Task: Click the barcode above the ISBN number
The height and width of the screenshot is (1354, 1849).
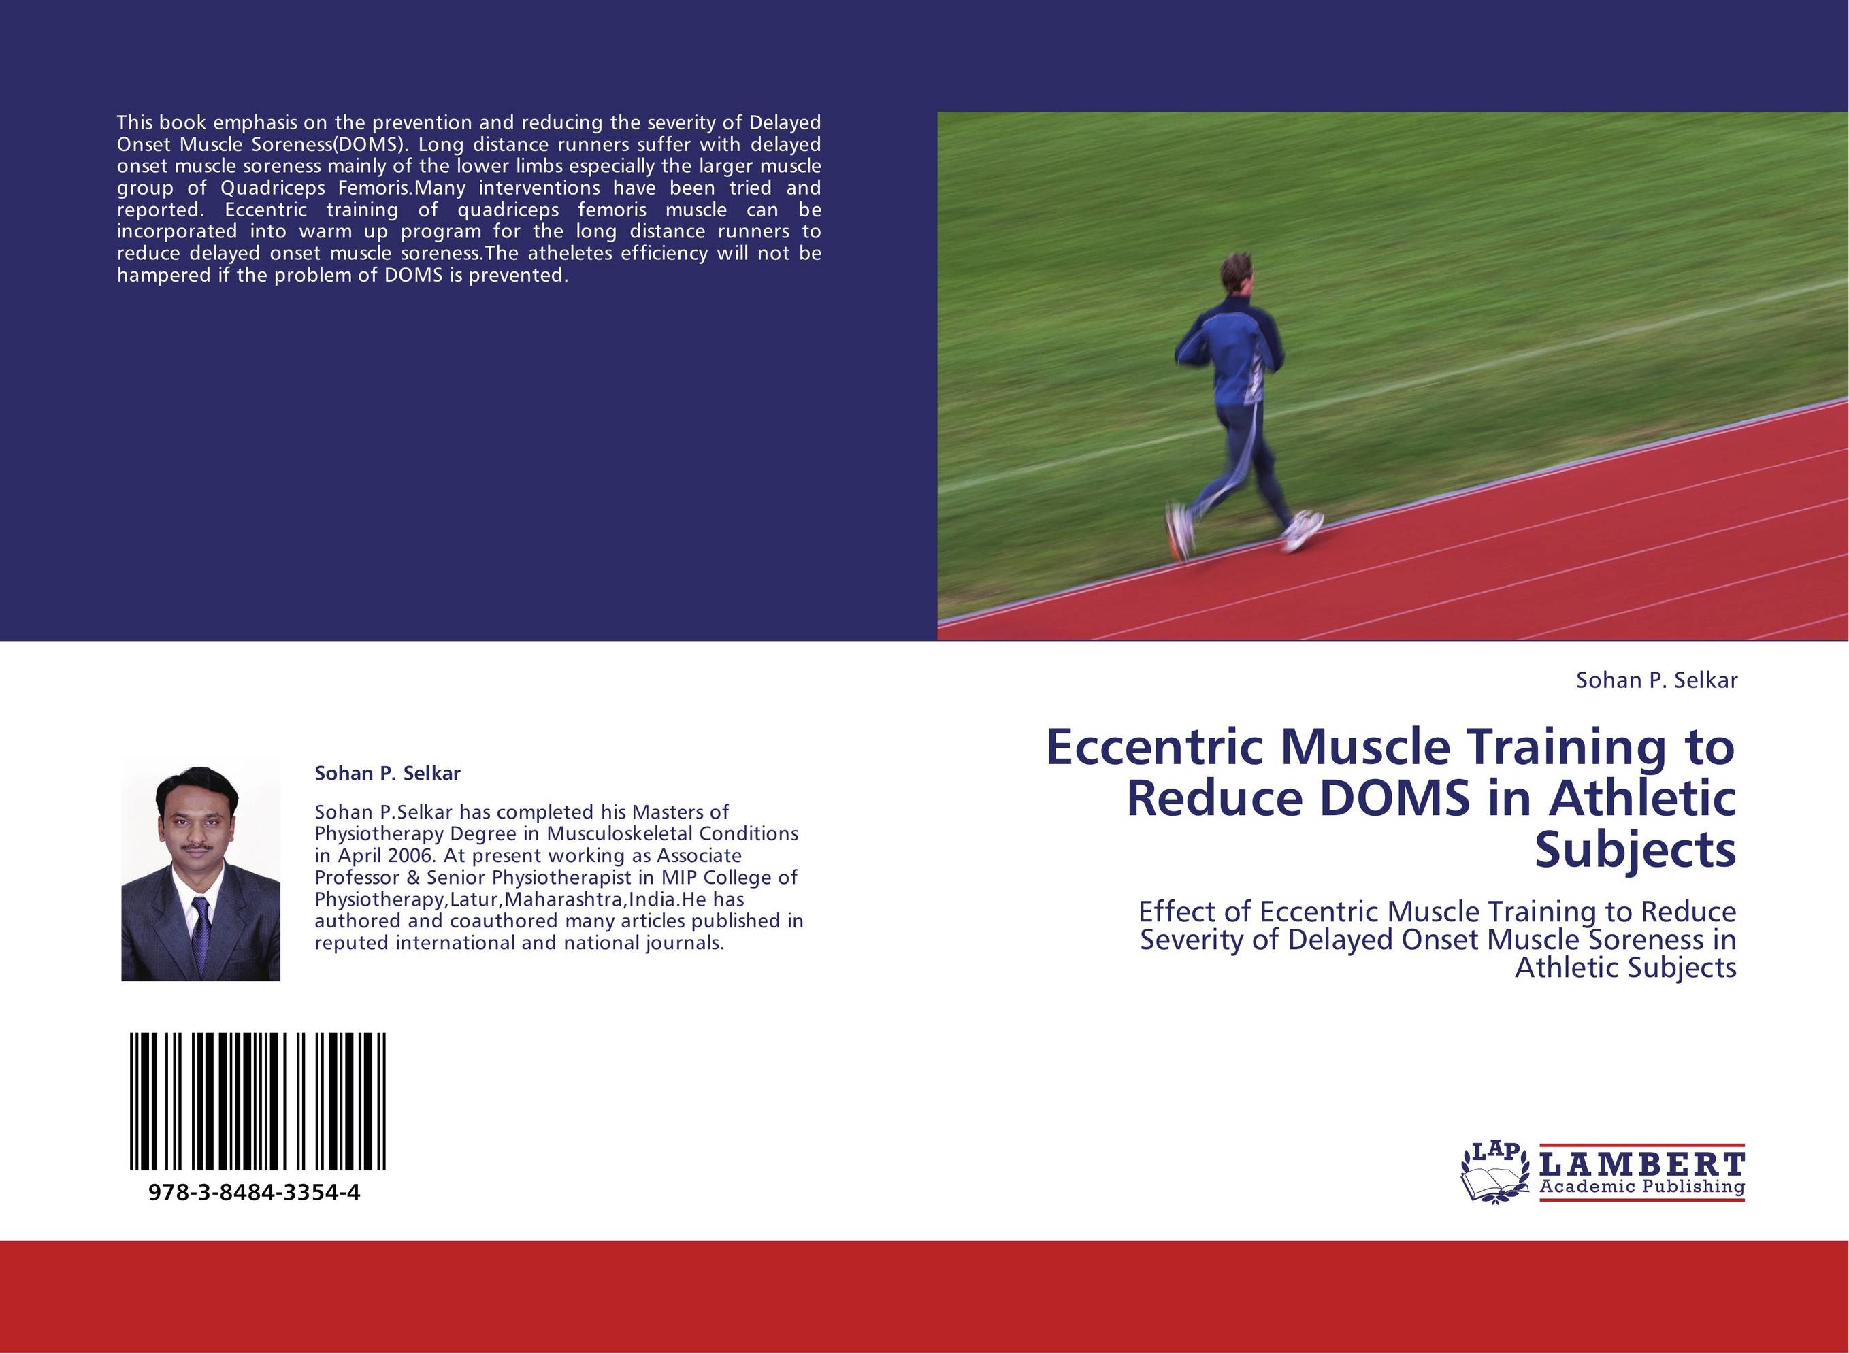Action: click(x=257, y=1101)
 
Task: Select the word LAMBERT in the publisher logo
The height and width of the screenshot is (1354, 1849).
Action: click(x=1641, y=1165)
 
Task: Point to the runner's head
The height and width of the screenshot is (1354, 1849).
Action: click(x=1236, y=275)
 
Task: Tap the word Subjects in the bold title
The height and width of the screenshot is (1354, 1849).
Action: click(x=1635, y=849)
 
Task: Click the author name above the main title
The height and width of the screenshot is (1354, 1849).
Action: click(x=1656, y=680)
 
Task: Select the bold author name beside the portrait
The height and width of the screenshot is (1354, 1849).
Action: click(x=388, y=773)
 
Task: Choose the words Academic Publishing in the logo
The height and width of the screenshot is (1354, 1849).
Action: click(x=1641, y=1187)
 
